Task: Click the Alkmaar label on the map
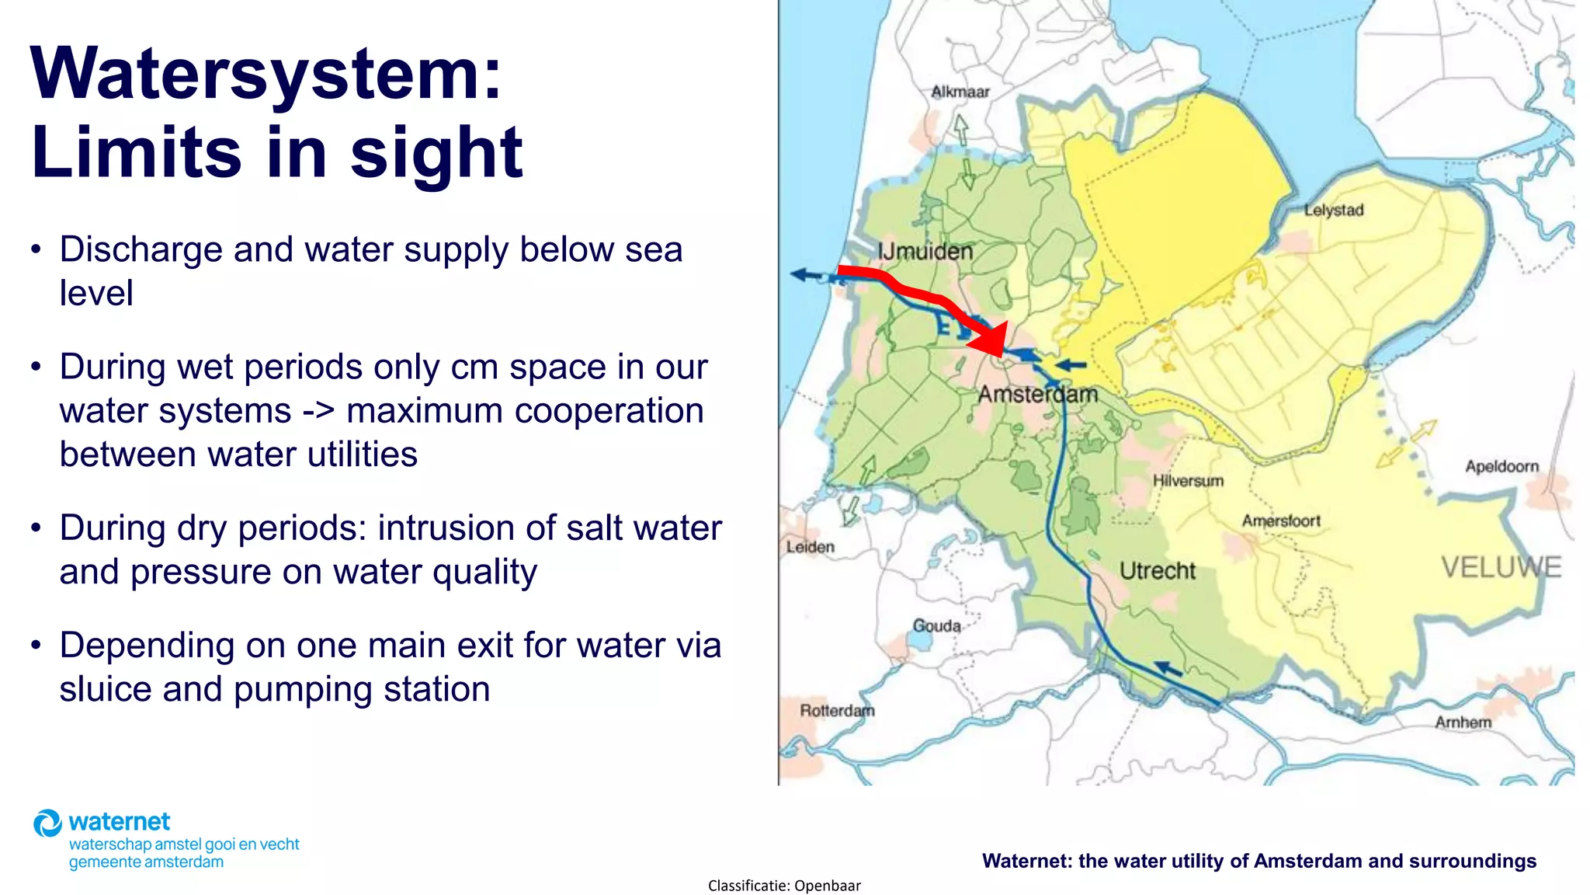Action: (x=960, y=92)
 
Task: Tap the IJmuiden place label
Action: (x=925, y=251)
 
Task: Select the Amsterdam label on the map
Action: (x=1037, y=394)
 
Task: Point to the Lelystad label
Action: (x=1333, y=210)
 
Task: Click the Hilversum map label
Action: (x=1188, y=481)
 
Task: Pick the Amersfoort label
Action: (x=1281, y=521)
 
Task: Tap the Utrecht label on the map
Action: (x=1158, y=571)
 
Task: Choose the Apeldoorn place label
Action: (x=1501, y=466)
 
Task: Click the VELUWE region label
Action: (x=1501, y=567)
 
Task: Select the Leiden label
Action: (x=810, y=547)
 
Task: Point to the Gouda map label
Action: (x=936, y=625)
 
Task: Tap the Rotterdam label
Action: (x=837, y=710)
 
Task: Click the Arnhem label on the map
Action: (x=1463, y=723)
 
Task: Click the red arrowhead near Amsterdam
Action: (x=991, y=340)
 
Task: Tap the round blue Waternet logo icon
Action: (x=47, y=824)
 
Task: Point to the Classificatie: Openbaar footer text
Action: (x=784, y=886)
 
